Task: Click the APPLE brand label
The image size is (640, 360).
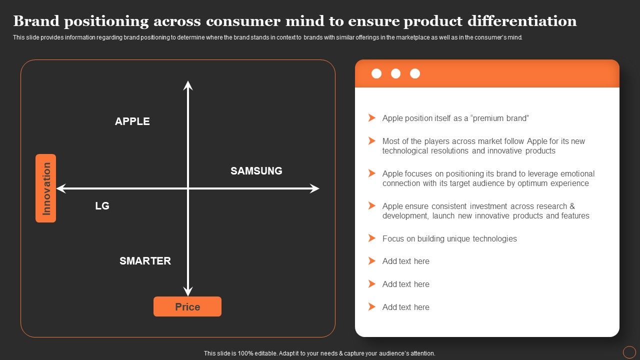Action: click(x=132, y=121)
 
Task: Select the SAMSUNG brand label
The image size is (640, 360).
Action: click(x=256, y=171)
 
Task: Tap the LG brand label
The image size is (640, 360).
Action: click(x=102, y=206)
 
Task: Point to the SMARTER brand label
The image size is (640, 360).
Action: click(x=145, y=261)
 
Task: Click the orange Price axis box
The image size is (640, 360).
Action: click(x=187, y=307)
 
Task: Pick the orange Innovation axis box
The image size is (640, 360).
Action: click(x=46, y=188)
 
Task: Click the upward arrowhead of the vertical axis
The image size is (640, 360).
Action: click(x=188, y=85)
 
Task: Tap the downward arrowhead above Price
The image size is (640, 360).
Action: click(x=188, y=291)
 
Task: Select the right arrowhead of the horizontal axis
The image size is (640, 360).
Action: click(x=314, y=188)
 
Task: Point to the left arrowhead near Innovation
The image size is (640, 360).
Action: click(x=61, y=188)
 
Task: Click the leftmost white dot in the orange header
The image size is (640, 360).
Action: click(x=376, y=74)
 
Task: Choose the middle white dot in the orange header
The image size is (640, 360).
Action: click(x=395, y=74)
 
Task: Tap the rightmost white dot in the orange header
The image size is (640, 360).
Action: click(x=415, y=74)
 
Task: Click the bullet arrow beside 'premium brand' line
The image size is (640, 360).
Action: click(x=371, y=118)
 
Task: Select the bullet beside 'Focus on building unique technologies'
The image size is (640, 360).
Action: click(x=371, y=238)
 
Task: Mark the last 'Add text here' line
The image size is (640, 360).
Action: click(x=405, y=307)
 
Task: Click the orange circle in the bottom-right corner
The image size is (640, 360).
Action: click(x=629, y=352)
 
